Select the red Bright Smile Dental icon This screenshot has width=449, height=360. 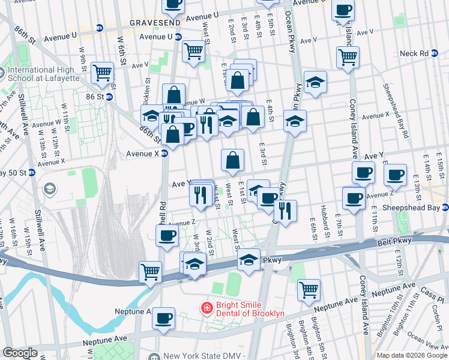coord(206,308)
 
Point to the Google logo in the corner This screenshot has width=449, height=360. coord(20,353)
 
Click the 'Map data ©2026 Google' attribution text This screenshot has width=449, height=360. coord(412,355)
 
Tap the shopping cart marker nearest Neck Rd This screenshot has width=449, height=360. coord(348,58)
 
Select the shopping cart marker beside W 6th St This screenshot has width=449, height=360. coord(103,72)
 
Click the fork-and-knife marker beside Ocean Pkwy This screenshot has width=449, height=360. coord(285,210)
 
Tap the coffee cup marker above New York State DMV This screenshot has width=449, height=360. coord(163,318)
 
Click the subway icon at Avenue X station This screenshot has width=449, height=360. coord(164,154)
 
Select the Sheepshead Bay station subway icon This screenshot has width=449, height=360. coord(445,208)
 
